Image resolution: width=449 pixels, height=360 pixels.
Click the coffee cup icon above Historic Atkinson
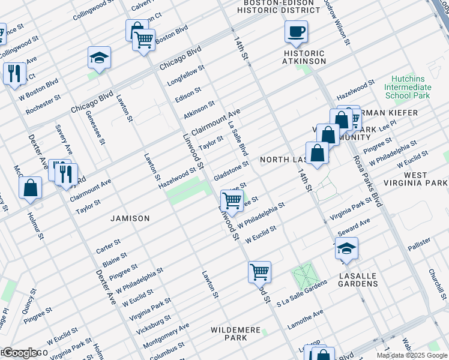click(296, 32)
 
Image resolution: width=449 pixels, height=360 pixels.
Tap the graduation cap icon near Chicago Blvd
click(99, 58)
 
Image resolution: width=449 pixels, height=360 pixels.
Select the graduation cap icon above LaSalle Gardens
click(346, 248)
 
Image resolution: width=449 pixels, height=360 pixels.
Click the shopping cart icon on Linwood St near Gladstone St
click(232, 200)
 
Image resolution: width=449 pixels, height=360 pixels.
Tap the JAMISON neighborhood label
click(130, 218)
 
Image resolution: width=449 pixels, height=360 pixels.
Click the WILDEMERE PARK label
click(229, 334)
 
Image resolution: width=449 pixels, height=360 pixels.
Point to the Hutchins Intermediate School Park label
click(408, 87)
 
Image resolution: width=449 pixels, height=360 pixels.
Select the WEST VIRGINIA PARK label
click(416, 179)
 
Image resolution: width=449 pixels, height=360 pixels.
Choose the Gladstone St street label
click(231, 170)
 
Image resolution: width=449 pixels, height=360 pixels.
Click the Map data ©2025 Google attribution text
click(412, 355)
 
